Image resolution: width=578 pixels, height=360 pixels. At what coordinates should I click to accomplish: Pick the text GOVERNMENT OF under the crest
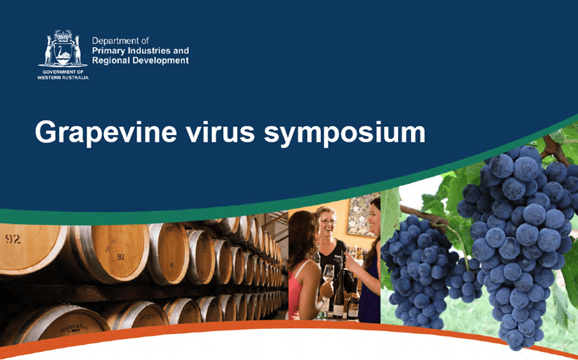point(63,72)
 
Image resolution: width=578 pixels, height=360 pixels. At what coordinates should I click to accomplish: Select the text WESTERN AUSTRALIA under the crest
point(63,77)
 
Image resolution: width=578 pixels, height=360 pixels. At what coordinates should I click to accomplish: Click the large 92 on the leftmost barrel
point(14,239)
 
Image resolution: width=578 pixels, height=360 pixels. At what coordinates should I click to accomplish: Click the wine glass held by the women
point(327,274)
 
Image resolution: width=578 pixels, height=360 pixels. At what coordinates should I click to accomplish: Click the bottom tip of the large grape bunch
point(515,340)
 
